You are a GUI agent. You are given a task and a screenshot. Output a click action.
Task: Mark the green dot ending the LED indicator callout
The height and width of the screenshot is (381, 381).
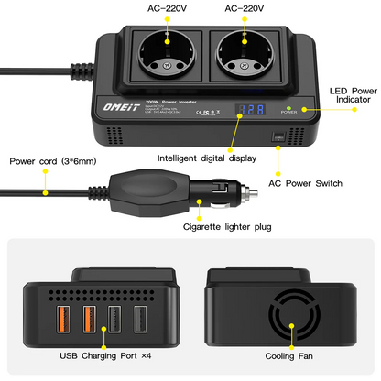click(x=316, y=108)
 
